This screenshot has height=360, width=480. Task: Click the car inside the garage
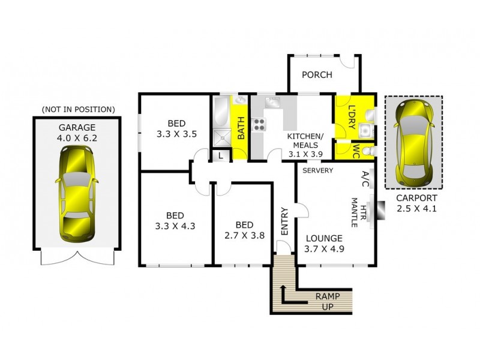click(x=77, y=193)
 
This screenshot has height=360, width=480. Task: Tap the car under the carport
click(x=413, y=142)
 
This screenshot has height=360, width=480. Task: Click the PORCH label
click(x=317, y=75)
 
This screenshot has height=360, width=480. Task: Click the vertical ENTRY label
click(x=284, y=221)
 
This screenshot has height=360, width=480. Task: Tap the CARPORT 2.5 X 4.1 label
click(x=416, y=203)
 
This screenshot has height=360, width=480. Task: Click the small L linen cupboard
click(x=221, y=155)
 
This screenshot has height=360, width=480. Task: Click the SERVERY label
click(x=318, y=170)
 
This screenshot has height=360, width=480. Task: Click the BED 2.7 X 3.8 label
click(x=244, y=230)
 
